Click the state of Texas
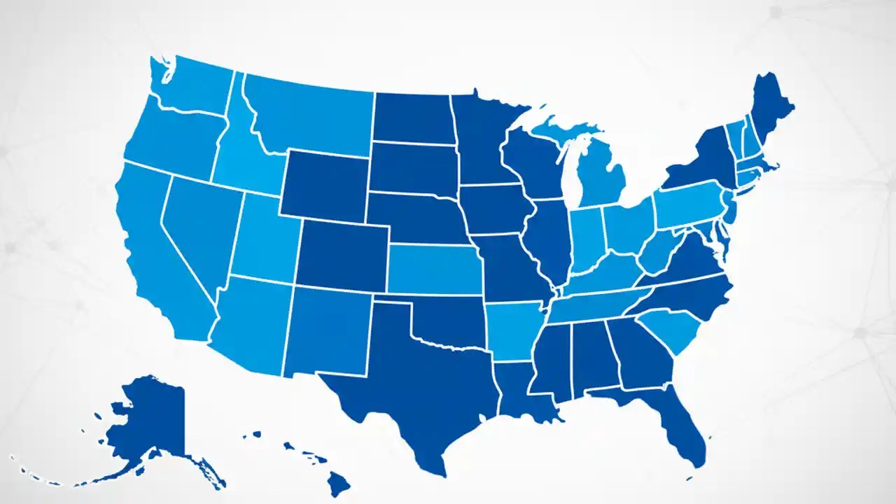click(x=413, y=378)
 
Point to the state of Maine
click(x=770, y=112)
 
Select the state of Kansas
click(x=434, y=269)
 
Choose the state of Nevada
click(x=203, y=224)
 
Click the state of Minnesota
click(x=483, y=140)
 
